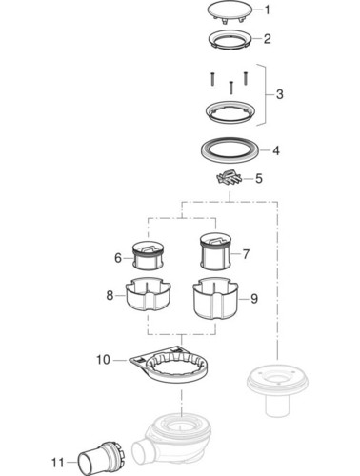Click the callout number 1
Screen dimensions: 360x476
click(268, 10)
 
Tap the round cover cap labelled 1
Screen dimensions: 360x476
click(230, 11)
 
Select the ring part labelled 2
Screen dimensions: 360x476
click(230, 40)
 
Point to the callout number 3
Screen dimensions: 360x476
click(279, 94)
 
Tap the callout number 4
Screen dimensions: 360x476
click(276, 150)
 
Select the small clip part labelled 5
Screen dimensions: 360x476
click(229, 179)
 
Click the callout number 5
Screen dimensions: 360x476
click(259, 178)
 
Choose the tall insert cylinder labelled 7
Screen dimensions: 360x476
click(216, 251)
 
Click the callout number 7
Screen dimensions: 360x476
click(246, 254)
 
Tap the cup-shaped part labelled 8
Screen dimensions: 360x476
click(149, 295)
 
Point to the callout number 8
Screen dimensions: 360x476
click(110, 296)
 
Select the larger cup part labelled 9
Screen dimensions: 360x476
click(216, 299)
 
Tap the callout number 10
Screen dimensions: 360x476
click(103, 360)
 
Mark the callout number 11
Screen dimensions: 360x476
click(58, 463)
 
